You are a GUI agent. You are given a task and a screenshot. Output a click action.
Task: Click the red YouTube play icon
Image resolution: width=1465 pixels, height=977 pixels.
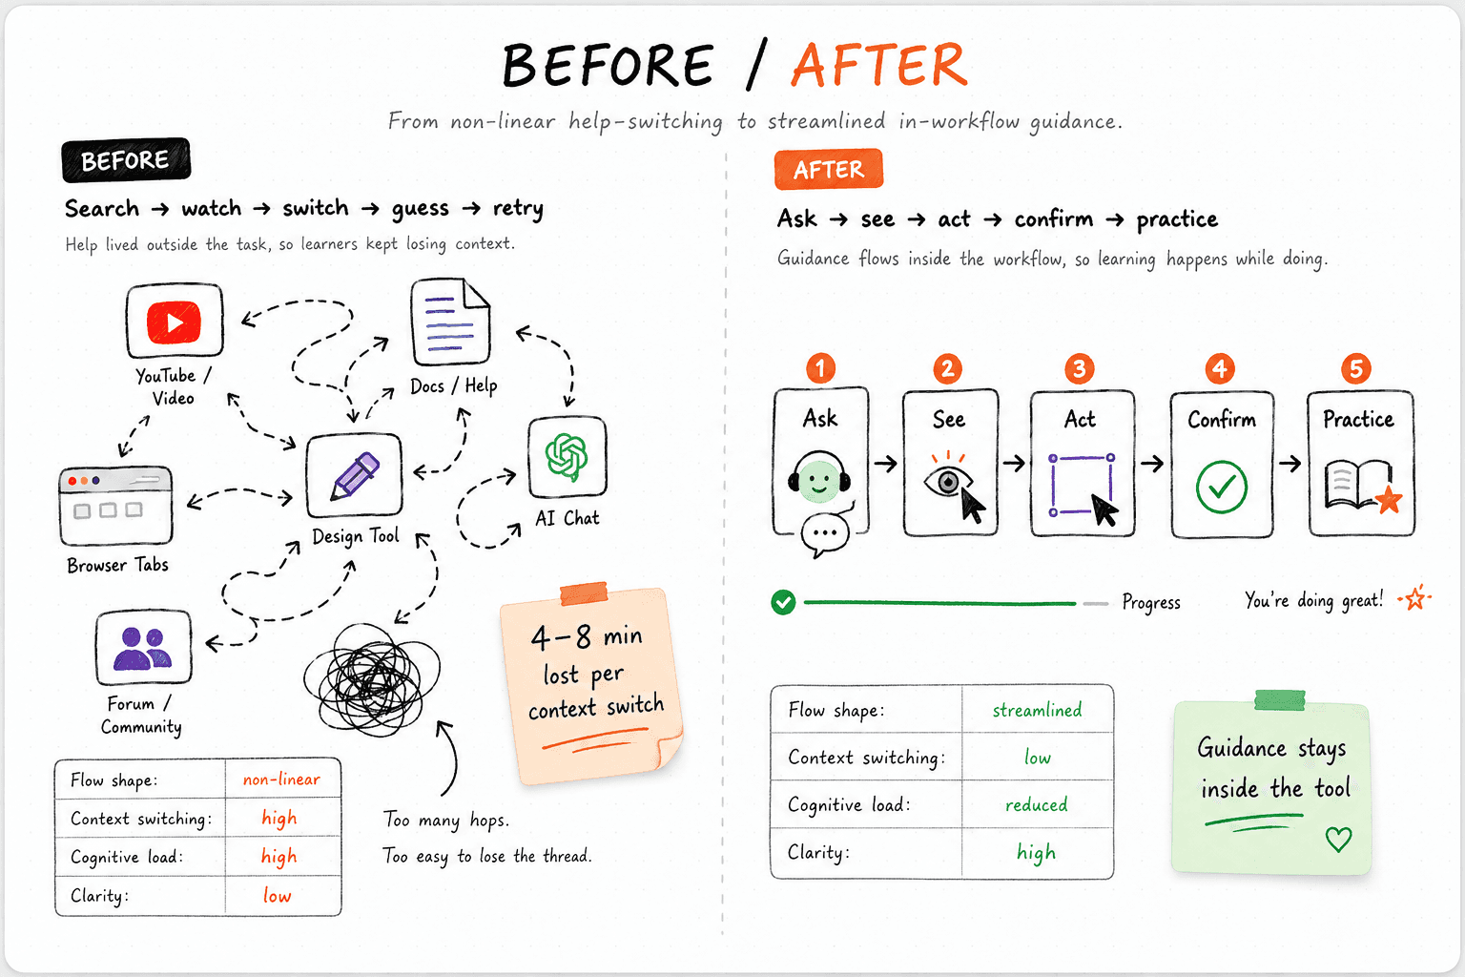(x=174, y=322)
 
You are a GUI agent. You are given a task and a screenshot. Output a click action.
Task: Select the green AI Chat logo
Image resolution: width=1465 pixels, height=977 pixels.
(x=567, y=457)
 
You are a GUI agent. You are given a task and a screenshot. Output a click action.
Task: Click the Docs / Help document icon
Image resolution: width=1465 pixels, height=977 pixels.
(x=450, y=322)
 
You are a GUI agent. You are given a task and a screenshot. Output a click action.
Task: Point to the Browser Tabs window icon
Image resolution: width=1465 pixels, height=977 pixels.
(x=115, y=505)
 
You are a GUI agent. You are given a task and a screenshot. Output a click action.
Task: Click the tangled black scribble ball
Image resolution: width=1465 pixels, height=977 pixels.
(x=371, y=680)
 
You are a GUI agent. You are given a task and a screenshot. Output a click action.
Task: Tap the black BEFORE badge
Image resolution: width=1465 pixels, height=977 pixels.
(x=126, y=160)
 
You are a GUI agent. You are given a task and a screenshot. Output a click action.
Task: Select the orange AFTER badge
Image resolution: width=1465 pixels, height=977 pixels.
(x=829, y=170)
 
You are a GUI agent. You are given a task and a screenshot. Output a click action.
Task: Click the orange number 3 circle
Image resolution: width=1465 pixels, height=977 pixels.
(x=1079, y=368)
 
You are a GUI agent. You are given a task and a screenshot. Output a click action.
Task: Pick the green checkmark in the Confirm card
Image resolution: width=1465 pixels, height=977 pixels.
(x=1221, y=487)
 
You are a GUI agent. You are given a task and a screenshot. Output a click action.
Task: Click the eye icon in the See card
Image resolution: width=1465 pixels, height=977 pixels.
(x=947, y=482)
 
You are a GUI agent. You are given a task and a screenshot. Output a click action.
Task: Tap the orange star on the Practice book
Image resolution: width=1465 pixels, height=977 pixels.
(x=1389, y=501)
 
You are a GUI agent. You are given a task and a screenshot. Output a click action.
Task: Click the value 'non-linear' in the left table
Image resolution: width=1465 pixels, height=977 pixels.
(x=281, y=780)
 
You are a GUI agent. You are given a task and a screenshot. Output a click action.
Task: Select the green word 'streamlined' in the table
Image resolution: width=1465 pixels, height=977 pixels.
(x=1038, y=710)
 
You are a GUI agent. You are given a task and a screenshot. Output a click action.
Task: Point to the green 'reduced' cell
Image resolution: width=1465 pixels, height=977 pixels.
(x=1037, y=804)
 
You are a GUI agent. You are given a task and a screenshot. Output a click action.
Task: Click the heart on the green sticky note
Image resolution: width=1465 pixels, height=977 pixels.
(x=1338, y=840)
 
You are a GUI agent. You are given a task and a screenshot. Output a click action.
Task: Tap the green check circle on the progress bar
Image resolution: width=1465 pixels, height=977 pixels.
(x=783, y=602)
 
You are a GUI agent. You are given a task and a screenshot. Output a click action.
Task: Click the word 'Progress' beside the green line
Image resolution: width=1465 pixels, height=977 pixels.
(x=1151, y=602)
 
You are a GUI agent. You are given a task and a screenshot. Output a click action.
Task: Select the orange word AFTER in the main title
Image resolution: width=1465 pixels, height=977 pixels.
(x=879, y=65)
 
